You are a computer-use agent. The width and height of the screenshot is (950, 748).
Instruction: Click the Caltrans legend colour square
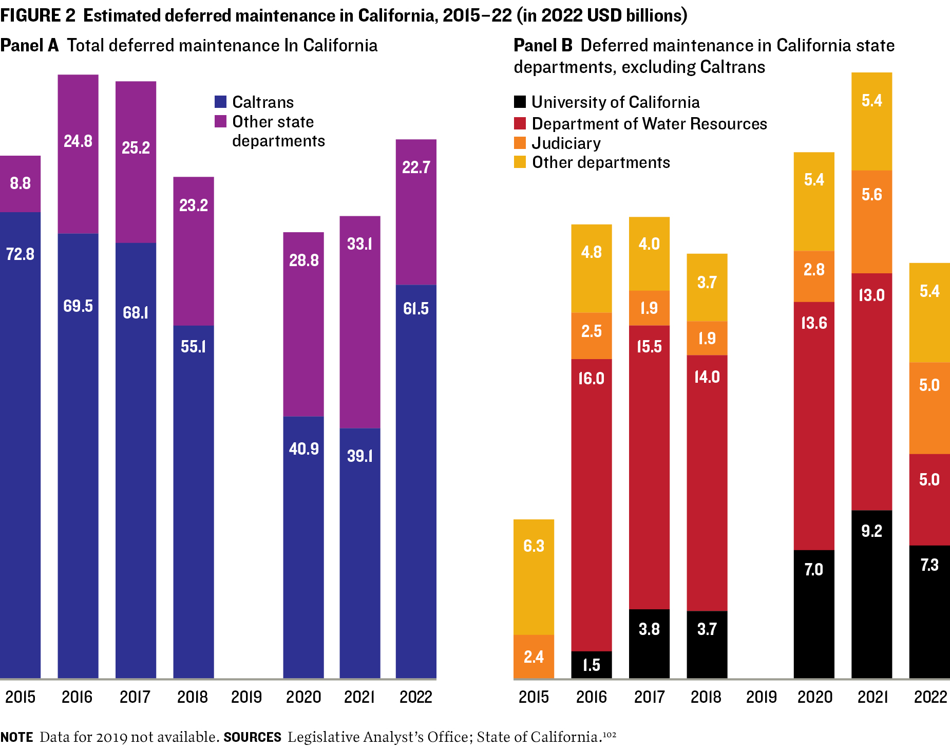[220, 102]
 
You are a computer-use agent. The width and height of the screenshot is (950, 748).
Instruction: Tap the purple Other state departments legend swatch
[220, 121]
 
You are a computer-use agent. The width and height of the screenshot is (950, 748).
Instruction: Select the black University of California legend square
[520, 102]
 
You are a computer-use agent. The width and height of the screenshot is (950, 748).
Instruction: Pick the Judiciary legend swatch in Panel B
[520, 143]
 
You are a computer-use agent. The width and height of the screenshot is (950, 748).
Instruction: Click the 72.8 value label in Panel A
[20, 254]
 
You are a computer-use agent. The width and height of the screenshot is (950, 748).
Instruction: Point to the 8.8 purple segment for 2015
[20, 183]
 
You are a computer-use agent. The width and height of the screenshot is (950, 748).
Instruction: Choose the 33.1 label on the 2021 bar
[359, 244]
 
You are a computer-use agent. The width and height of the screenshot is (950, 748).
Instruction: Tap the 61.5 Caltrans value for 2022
[415, 308]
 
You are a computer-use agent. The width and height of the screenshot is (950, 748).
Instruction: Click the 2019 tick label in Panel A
[246, 697]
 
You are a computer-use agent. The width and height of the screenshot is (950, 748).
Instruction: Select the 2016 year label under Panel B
[592, 697]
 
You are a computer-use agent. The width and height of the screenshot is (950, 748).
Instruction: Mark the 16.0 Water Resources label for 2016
[591, 379]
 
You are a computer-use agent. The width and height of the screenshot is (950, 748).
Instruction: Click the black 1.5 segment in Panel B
[592, 665]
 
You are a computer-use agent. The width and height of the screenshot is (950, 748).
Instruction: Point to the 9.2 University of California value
[871, 531]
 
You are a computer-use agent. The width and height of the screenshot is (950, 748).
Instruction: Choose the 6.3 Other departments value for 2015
[534, 546]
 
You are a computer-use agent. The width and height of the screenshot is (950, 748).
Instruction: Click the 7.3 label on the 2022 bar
[929, 565]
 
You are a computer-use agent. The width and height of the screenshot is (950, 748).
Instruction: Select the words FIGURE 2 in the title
[38, 15]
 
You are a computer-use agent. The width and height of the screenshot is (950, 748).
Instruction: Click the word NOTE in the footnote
[16, 737]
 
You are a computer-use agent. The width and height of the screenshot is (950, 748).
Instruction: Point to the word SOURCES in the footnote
[252, 737]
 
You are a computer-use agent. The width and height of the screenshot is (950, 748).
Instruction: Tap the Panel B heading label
[543, 45]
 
